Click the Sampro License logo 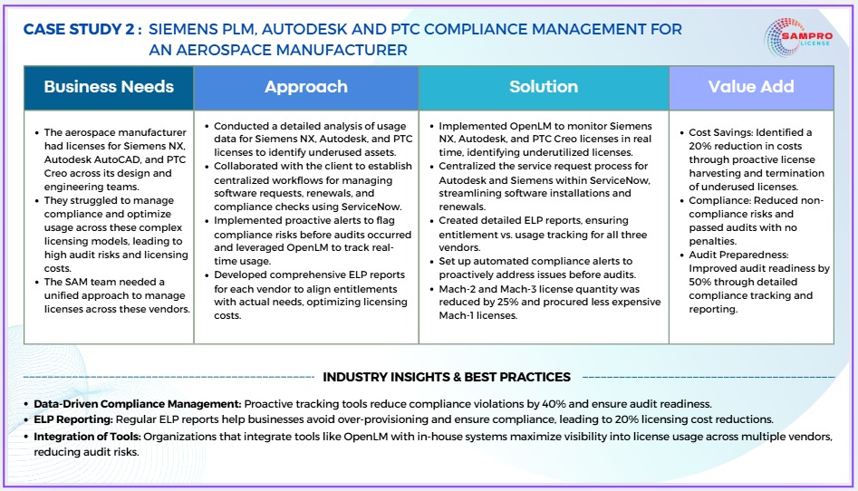[x=798, y=37]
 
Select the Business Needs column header [x=109, y=87]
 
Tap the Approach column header [x=306, y=87]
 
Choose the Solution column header [x=544, y=87]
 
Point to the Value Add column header [x=751, y=87]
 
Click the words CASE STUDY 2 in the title [x=79, y=30]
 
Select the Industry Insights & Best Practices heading [x=447, y=377]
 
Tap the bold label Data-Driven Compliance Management [x=138, y=404]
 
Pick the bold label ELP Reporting [x=73, y=419]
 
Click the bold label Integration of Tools [x=88, y=437]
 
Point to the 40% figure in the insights [x=554, y=404]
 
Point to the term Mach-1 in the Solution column [x=454, y=315]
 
